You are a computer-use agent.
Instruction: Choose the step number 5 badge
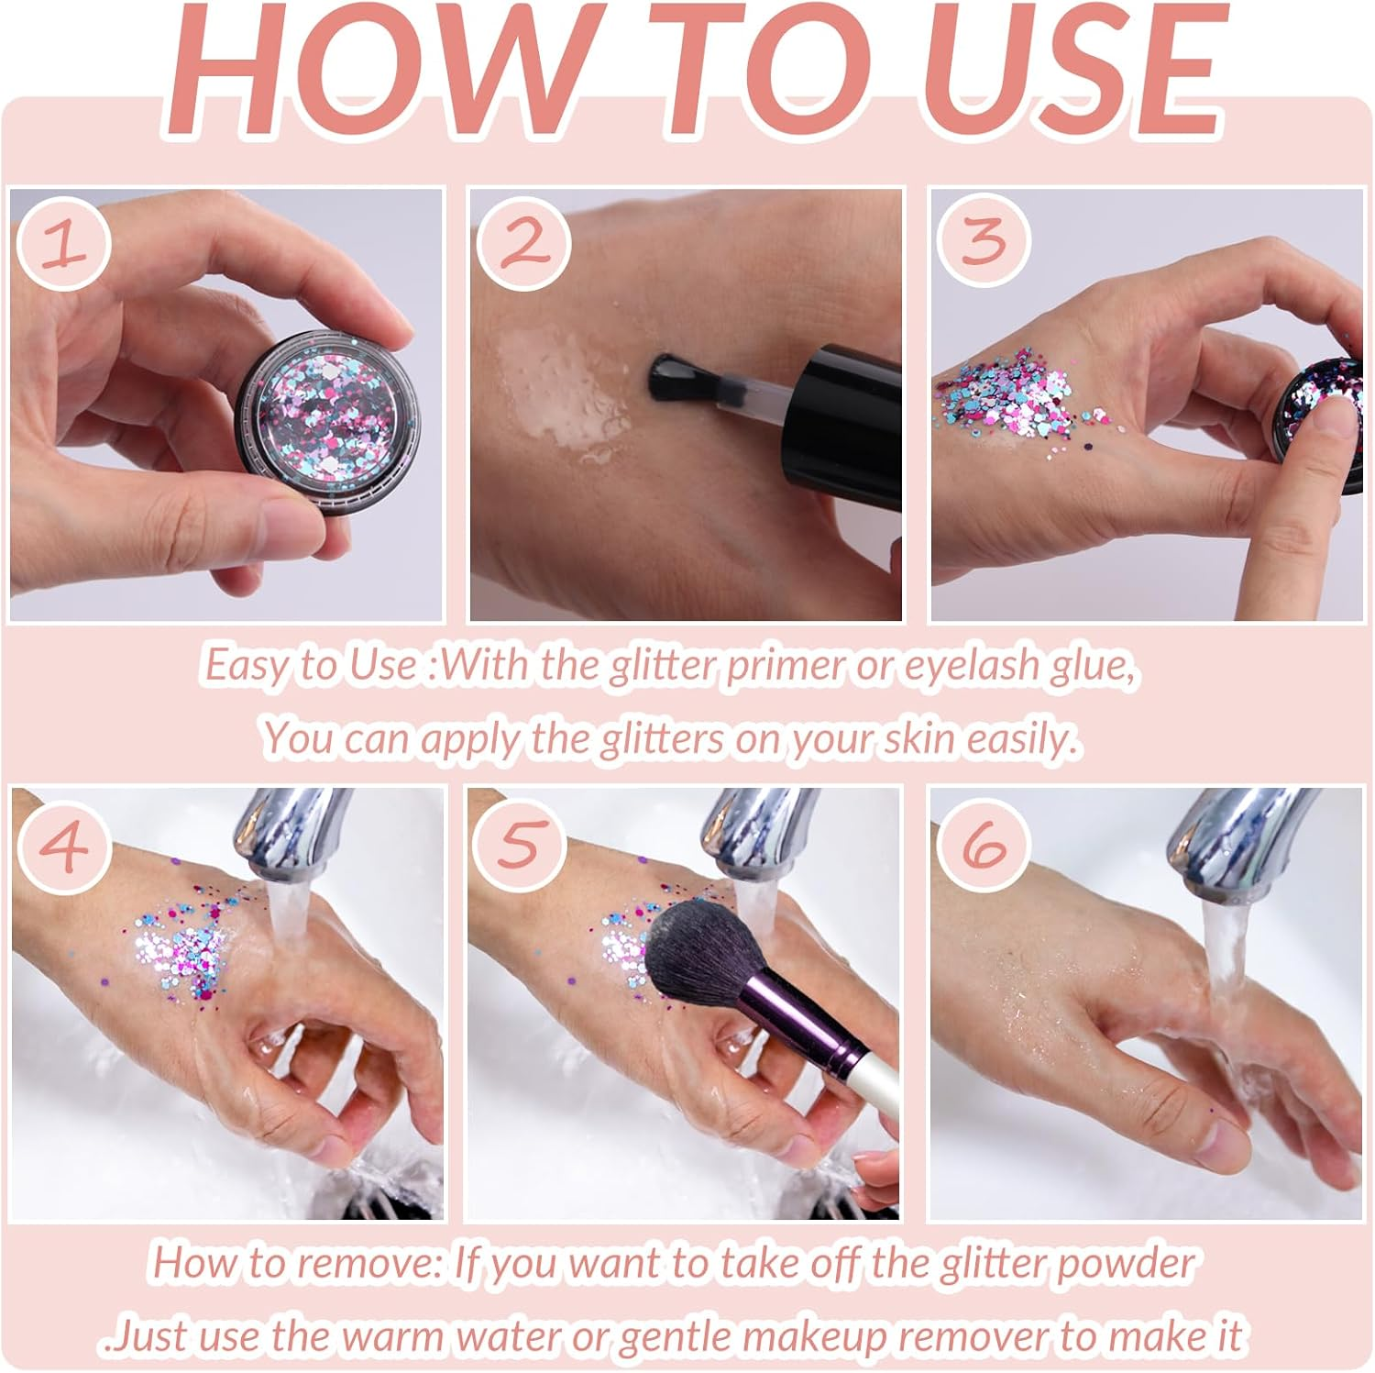pyautogui.click(x=520, y=843)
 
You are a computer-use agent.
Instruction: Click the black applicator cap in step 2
pyautogui.click(x=848, y=415)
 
